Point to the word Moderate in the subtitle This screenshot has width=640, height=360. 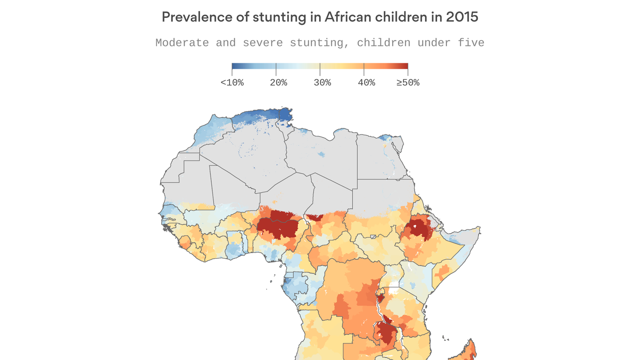tap(182, 43)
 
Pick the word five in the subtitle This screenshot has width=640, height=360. tap(471, 43)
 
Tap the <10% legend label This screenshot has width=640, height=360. tap(232, 82)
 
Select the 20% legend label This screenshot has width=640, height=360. tap(278, 82)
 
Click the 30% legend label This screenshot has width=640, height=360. tap(322, 82)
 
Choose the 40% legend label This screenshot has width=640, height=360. tap(366, 82)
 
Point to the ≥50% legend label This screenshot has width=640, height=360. tap(408, 82)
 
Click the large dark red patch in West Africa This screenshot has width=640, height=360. tap(278, 226)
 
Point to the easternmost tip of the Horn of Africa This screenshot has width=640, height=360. tap(480, 228)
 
